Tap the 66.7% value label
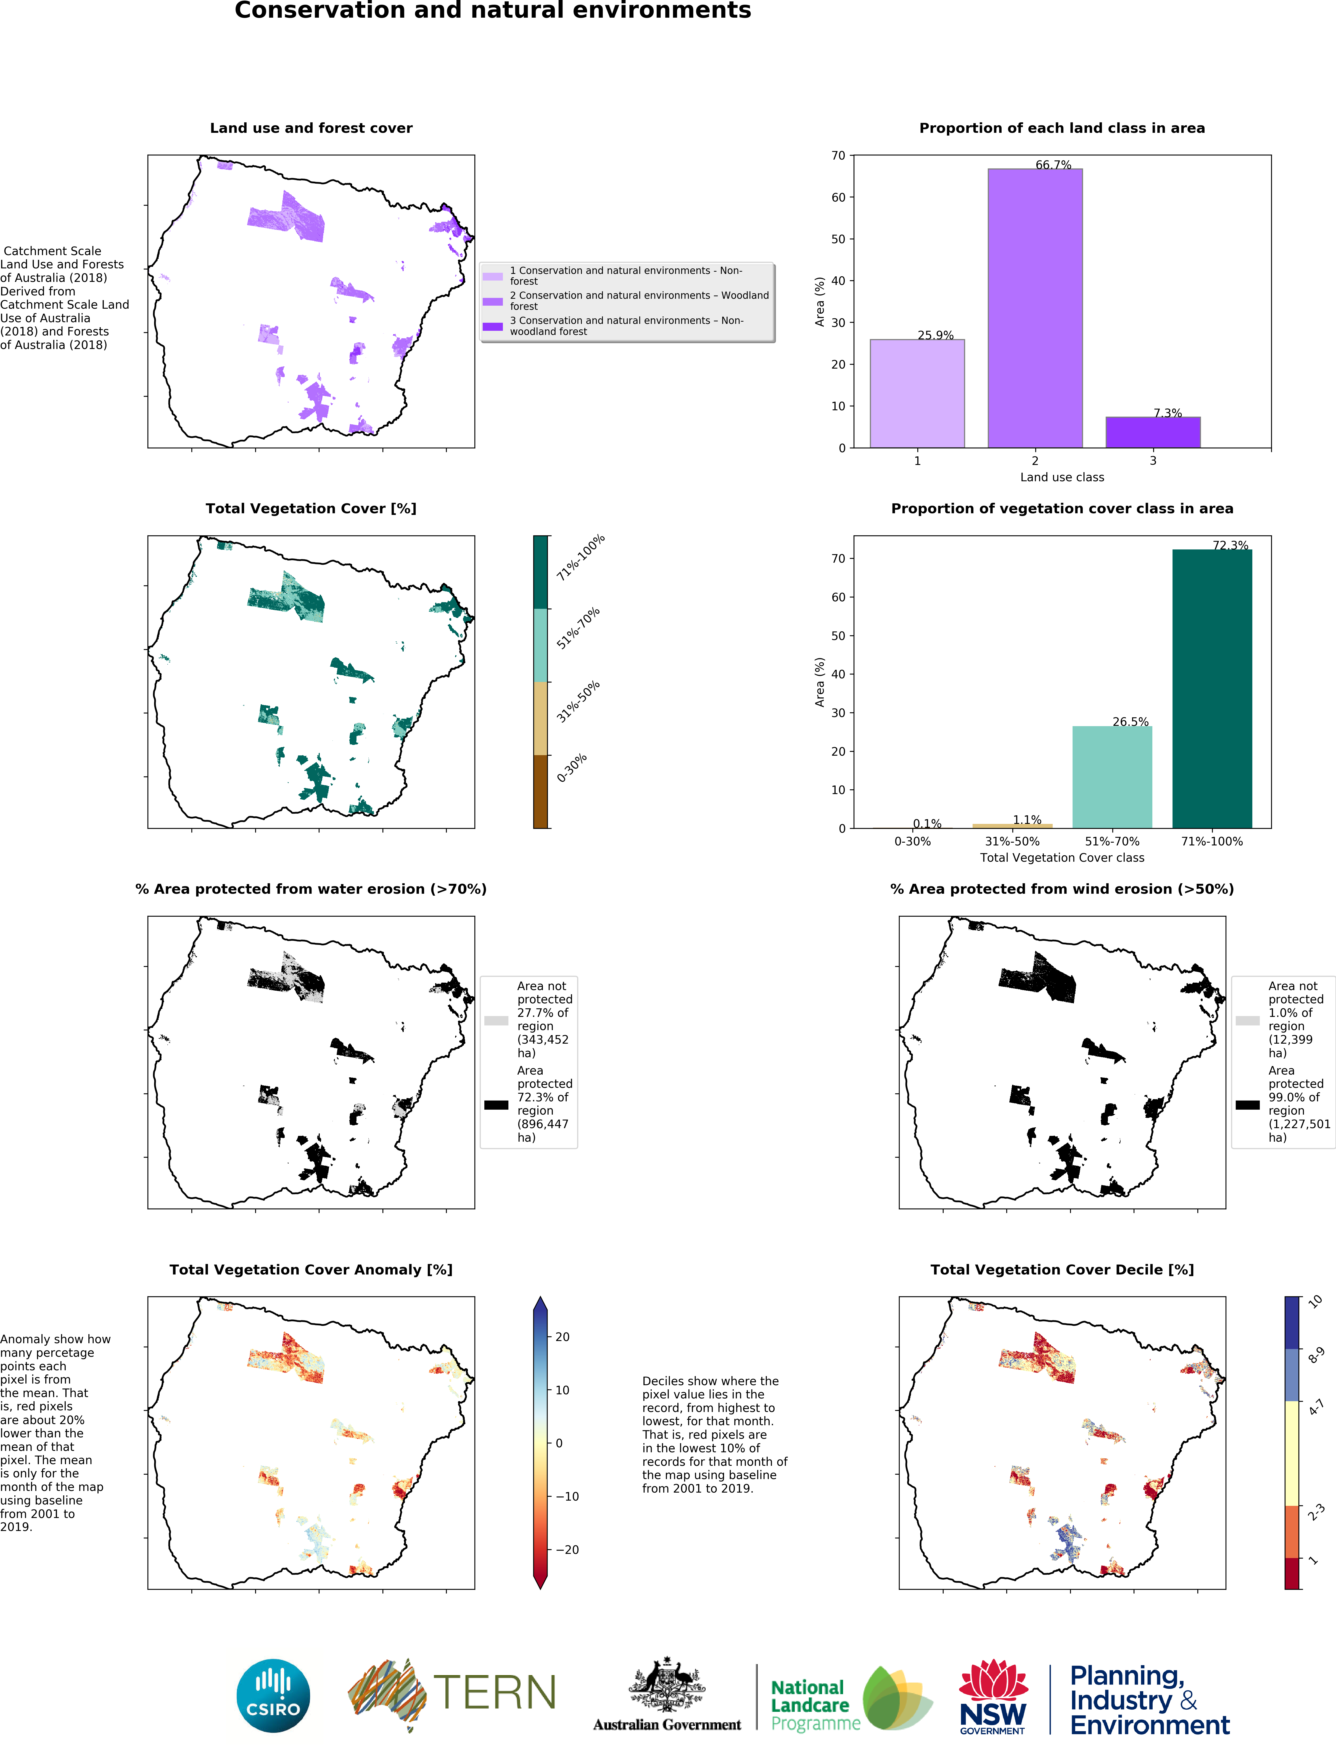pos(1053,165)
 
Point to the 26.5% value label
pos(1130,722)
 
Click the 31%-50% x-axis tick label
pos(1012,841)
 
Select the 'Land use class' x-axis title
pos(1062,477)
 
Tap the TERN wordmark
pos(495,1693)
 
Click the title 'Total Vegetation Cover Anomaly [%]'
pos(311,1270)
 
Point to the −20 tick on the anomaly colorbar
pos(566,1549)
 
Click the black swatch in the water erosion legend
pos(496,1104)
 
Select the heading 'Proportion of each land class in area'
pos(1062,128)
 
